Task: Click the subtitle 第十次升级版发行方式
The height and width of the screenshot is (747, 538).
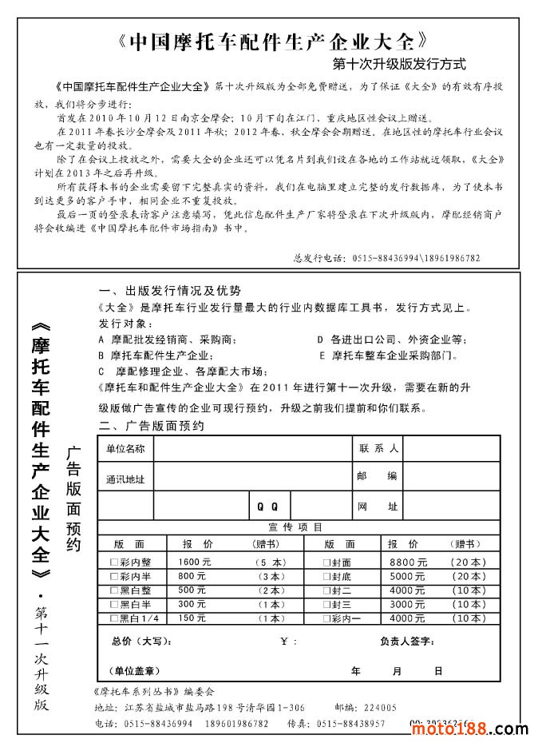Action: [x=399, y=63]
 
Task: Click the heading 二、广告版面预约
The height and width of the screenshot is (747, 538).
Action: [x=151, y=426]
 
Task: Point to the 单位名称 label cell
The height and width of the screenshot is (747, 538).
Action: [x=125, y=449]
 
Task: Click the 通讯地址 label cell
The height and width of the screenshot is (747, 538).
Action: [x=125, y=479]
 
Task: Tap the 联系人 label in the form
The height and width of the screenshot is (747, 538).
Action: [x=378, y=448]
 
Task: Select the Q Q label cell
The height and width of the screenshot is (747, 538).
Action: [x=267, y=507]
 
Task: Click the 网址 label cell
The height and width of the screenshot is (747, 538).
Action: [x=378, y=507]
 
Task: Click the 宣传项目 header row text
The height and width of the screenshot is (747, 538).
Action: [x=296, y=526]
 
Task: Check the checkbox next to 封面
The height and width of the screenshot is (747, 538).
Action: [x=326, y=562]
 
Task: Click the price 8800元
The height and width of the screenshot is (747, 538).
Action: [x=408, y=562]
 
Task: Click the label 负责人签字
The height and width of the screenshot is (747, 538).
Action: [x=406, y=642]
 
